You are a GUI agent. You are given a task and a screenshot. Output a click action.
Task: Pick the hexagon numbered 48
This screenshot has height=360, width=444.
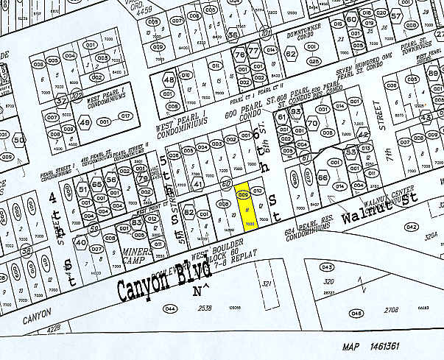[x=169, y=80]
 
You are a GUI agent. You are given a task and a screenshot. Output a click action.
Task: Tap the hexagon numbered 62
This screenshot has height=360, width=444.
[x=291, y=54]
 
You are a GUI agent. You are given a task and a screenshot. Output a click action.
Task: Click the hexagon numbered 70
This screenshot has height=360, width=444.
[x=313, y=124]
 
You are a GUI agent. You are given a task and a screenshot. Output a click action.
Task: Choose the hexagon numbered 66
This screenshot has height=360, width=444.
[x=322, y=177]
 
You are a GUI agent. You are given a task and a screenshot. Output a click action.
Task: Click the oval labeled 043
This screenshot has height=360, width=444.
[x=327, y=267]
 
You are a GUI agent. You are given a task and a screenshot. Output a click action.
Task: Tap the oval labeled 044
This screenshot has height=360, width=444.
[x=170, y=308]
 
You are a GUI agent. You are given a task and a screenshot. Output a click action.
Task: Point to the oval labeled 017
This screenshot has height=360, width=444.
[x=125, y=116]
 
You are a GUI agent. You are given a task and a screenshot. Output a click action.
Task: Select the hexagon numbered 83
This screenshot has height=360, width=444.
[x=136, y=222]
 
